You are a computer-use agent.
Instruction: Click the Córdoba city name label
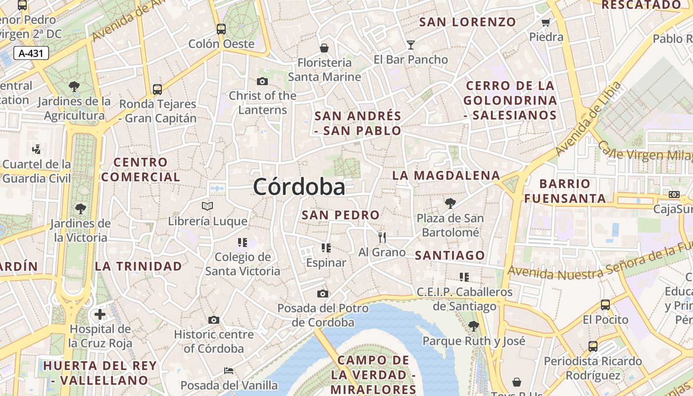(299, 187)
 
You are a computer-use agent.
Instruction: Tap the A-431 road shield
(31, 53)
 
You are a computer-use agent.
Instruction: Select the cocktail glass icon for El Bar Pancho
(410, 45)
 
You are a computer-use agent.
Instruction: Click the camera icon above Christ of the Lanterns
(262, 81)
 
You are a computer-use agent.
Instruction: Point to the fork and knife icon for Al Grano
(382, 238)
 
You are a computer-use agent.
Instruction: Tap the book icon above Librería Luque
(207, 206)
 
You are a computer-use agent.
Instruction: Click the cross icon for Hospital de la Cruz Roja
(100, 314)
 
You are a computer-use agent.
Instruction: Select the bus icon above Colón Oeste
(221, 29)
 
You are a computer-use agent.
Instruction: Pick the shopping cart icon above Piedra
(546, 22)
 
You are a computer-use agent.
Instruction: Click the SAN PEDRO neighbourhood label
(341, 215)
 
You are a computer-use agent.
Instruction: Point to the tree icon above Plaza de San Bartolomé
(450, 203)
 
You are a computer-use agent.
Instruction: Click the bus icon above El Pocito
(605, 304)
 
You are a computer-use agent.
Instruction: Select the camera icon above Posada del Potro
(323, 294)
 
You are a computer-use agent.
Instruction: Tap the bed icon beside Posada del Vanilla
(228, 370)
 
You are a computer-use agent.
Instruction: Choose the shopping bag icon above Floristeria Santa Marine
(324, 48)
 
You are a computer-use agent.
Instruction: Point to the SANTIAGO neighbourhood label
(450, 255)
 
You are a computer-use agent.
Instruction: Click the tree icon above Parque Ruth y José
(474, 326)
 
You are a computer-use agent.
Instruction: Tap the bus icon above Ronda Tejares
(157, 89)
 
